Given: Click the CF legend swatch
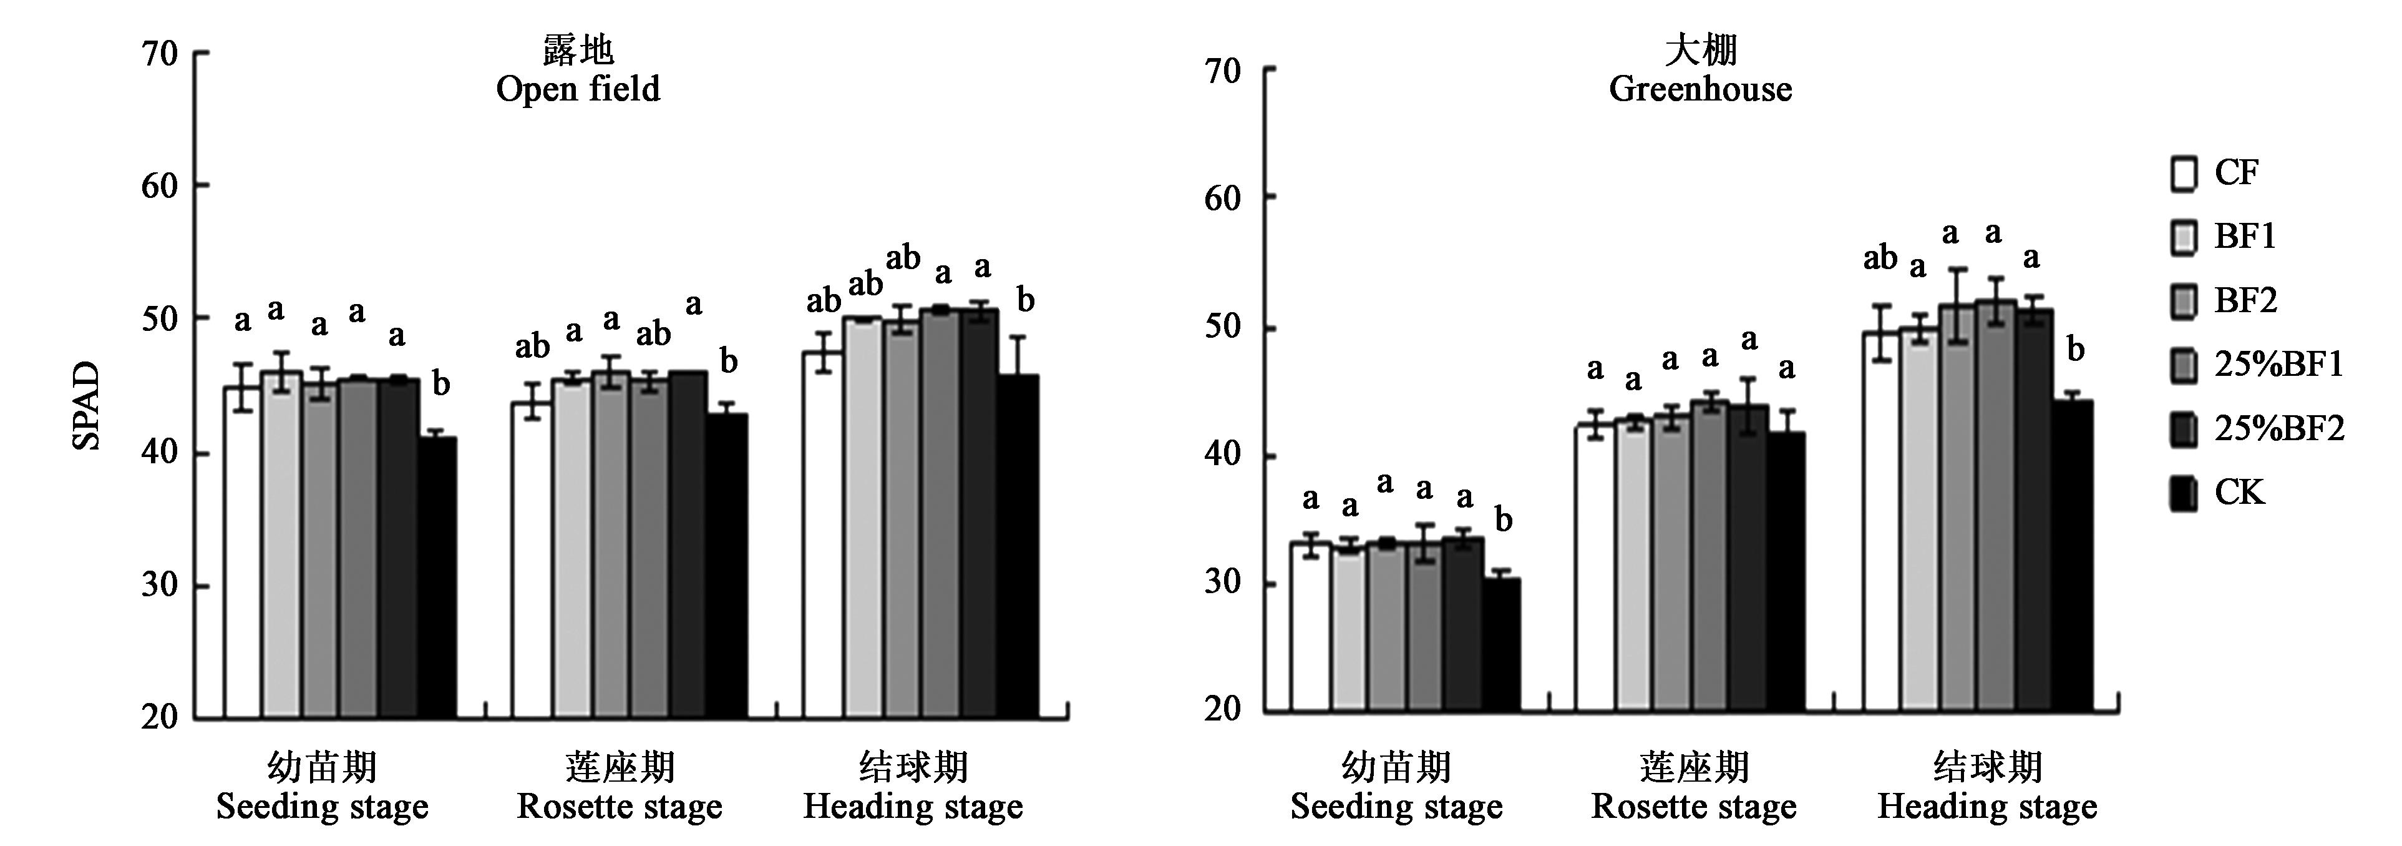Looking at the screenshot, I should (x=2184, y=174).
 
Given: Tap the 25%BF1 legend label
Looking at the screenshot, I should (x=2278, y=365).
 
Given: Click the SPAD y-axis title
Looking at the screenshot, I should (x=86, y=406).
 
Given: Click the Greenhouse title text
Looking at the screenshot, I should (x=1700, y=89).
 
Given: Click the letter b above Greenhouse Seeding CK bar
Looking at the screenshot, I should (x=1503, y=521).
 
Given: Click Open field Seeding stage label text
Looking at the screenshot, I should (x=323, y=807).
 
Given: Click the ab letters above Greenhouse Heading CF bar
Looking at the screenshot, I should (x=1880, y=258).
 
